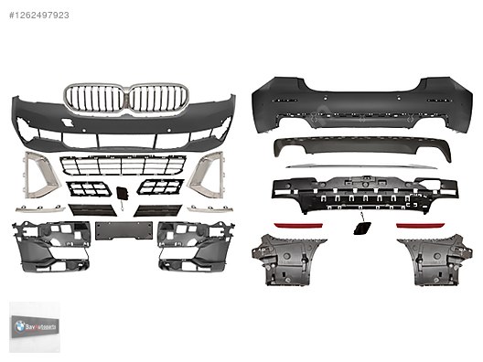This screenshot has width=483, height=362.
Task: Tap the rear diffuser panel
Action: (352, 149)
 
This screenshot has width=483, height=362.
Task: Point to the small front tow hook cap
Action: (122, 193)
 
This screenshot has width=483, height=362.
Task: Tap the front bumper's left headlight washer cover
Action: (67, 122)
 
